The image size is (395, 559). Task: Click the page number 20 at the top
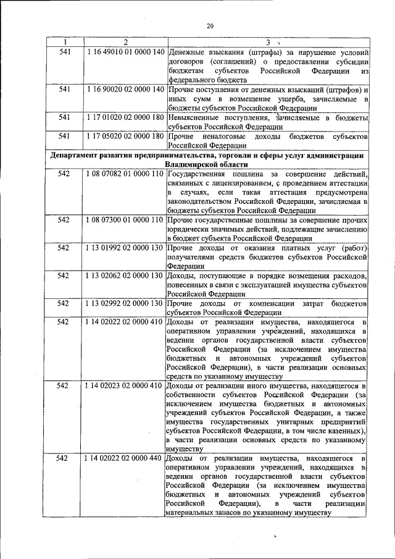tap(209, 25)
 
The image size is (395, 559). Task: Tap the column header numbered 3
tap(268, 43)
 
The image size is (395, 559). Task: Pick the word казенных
tap(344, 429)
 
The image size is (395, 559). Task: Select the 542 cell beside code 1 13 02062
tap(64, 275)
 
